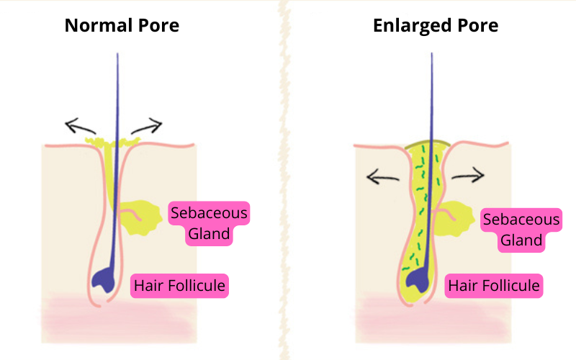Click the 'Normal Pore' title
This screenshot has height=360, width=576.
click(x=122, y=26)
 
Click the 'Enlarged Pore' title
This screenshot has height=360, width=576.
click(x=435, y=26)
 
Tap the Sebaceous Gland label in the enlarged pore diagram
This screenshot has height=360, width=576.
click(x=521, y=230)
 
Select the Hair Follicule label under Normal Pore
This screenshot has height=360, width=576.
click(x=179, y=286)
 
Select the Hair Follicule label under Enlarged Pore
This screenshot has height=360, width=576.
click(x=493, y=286)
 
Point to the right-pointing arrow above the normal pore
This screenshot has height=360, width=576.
click(x=148, y=127)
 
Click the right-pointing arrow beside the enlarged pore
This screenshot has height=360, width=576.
click(x=469, y=174)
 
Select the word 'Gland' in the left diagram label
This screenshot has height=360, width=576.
click(x=209, y=233)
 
